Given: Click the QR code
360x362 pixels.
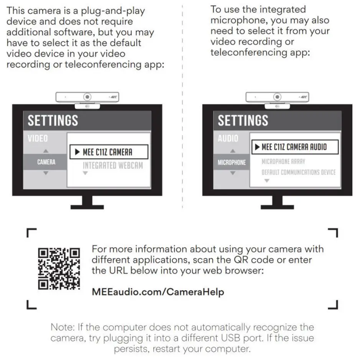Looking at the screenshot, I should [59, 268].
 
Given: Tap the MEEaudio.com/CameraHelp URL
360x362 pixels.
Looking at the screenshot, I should [158, 292].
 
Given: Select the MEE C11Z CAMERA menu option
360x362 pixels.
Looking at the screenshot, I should [108, 152].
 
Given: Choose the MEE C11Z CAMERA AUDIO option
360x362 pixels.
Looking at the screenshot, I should [294, 147].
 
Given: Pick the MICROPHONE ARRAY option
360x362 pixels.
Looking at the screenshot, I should [283, 162].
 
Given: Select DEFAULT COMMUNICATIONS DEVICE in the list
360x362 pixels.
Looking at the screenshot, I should [298, 172].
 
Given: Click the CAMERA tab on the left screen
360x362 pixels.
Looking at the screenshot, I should [46, 162].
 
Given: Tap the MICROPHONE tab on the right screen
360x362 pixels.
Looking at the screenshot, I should [232, 162].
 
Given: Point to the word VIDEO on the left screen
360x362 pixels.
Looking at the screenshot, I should [38, 139].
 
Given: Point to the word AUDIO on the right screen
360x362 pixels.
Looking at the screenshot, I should [228, 139].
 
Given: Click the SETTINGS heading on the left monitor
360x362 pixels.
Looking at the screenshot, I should [53, 121].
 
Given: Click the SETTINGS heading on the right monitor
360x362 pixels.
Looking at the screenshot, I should [243, 121].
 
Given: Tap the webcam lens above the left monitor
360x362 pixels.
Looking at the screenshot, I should [88, 97].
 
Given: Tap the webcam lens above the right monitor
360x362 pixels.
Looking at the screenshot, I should [277, 97].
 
